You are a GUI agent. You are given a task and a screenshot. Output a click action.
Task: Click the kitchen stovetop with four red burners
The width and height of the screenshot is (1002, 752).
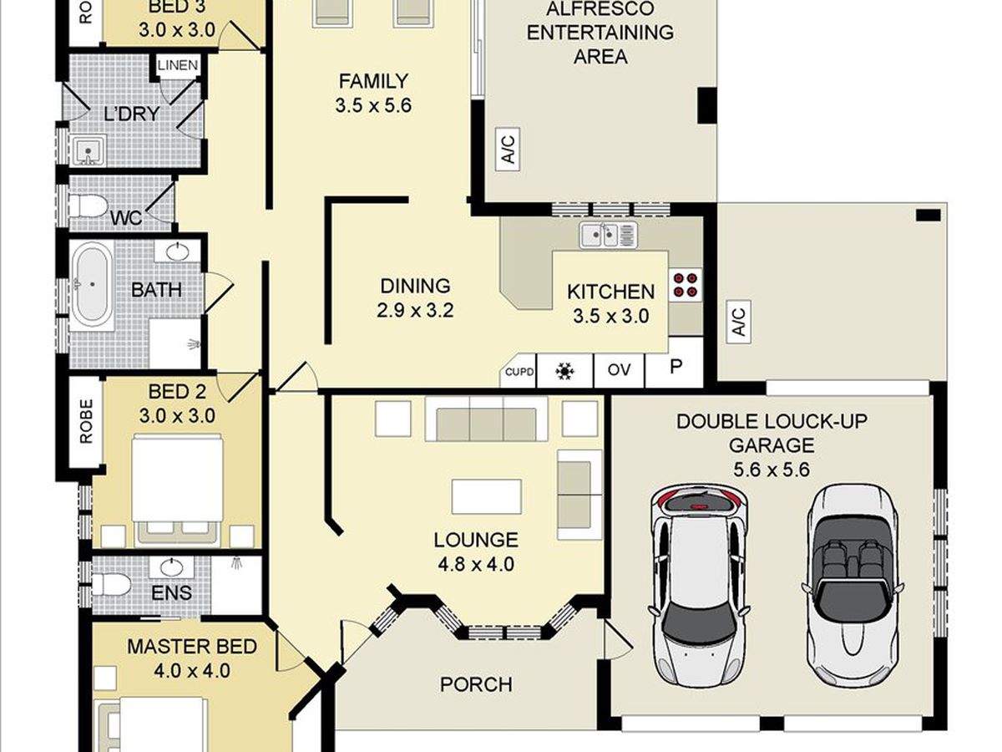coord(686,285)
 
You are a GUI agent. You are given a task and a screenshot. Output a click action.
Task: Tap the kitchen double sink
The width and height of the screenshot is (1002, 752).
coord(608,236)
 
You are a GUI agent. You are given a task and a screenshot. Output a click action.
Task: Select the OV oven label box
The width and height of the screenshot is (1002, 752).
coord(619,370)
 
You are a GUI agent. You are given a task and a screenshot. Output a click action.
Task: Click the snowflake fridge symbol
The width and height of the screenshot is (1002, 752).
coord(564,371)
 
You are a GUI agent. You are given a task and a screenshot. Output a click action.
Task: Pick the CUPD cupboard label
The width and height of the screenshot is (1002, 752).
coord(519,372)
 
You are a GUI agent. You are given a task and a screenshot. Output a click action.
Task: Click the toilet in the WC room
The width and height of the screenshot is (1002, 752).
coord(89,206)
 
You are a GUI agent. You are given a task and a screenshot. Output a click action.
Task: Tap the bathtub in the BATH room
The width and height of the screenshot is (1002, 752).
coord(92,286)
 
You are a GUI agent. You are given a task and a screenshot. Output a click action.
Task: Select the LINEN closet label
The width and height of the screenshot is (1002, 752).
coord(178,66)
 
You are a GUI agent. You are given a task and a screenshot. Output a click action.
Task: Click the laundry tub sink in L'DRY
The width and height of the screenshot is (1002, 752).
coord(89,150)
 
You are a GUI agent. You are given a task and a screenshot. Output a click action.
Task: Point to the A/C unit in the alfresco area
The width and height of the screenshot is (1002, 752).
coord(508,150)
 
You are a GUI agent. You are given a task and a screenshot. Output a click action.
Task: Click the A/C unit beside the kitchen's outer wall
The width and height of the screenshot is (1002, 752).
coord(739,322)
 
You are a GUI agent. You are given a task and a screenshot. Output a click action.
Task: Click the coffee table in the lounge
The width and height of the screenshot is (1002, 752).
coord(487,496)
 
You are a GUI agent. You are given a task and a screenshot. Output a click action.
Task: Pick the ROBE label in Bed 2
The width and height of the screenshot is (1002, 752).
coord(86,421)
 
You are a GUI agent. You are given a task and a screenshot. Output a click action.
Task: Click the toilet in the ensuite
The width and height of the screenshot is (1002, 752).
coord(110,585)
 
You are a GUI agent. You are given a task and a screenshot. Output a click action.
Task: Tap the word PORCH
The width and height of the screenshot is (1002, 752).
coord(476,684)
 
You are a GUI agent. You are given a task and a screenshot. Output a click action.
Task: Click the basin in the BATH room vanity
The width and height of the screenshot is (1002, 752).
coord(178,252)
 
